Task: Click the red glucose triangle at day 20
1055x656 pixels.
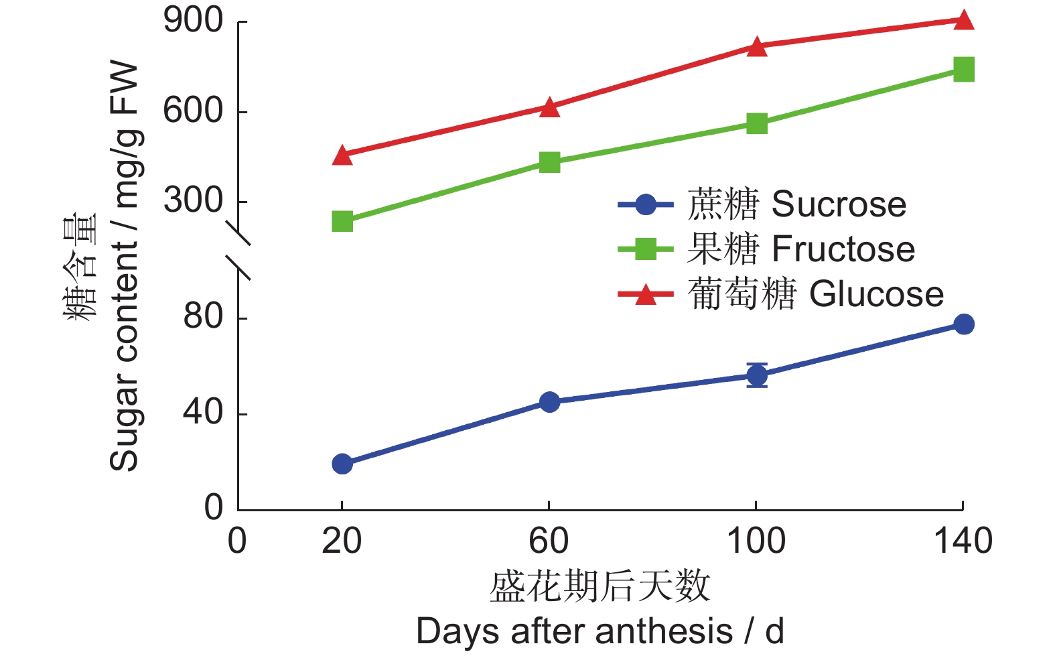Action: [x=342, y=155]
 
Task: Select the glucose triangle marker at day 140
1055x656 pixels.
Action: [x=963, y=20]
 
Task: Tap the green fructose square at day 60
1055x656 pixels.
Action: [x=549, y=162]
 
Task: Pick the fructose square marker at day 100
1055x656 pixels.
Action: [x=756, y=123]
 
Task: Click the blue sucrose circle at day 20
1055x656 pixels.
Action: [x=342, y=464]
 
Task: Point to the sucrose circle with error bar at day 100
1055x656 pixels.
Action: [x=756, y=375]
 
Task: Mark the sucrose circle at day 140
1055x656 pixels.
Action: [x=963, y=324]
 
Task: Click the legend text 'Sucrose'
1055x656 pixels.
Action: [x=839, y=204]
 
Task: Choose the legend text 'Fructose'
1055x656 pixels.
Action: [x=843, y=249]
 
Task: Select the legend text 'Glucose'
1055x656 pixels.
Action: [x=876, y=294]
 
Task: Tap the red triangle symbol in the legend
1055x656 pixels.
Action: [x=645, y=294]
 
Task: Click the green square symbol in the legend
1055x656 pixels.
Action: [x=645, y=249]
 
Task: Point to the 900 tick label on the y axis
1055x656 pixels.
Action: [x=193, y=21]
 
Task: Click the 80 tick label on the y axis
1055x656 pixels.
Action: [x=203, y=316]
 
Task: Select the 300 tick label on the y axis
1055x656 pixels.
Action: [x=193, y=200]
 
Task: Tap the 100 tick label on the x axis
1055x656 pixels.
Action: [x=756, y=541]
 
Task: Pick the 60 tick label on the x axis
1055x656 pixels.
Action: [x=549, y=541]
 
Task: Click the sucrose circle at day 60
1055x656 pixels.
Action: [x=549, y=402]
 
